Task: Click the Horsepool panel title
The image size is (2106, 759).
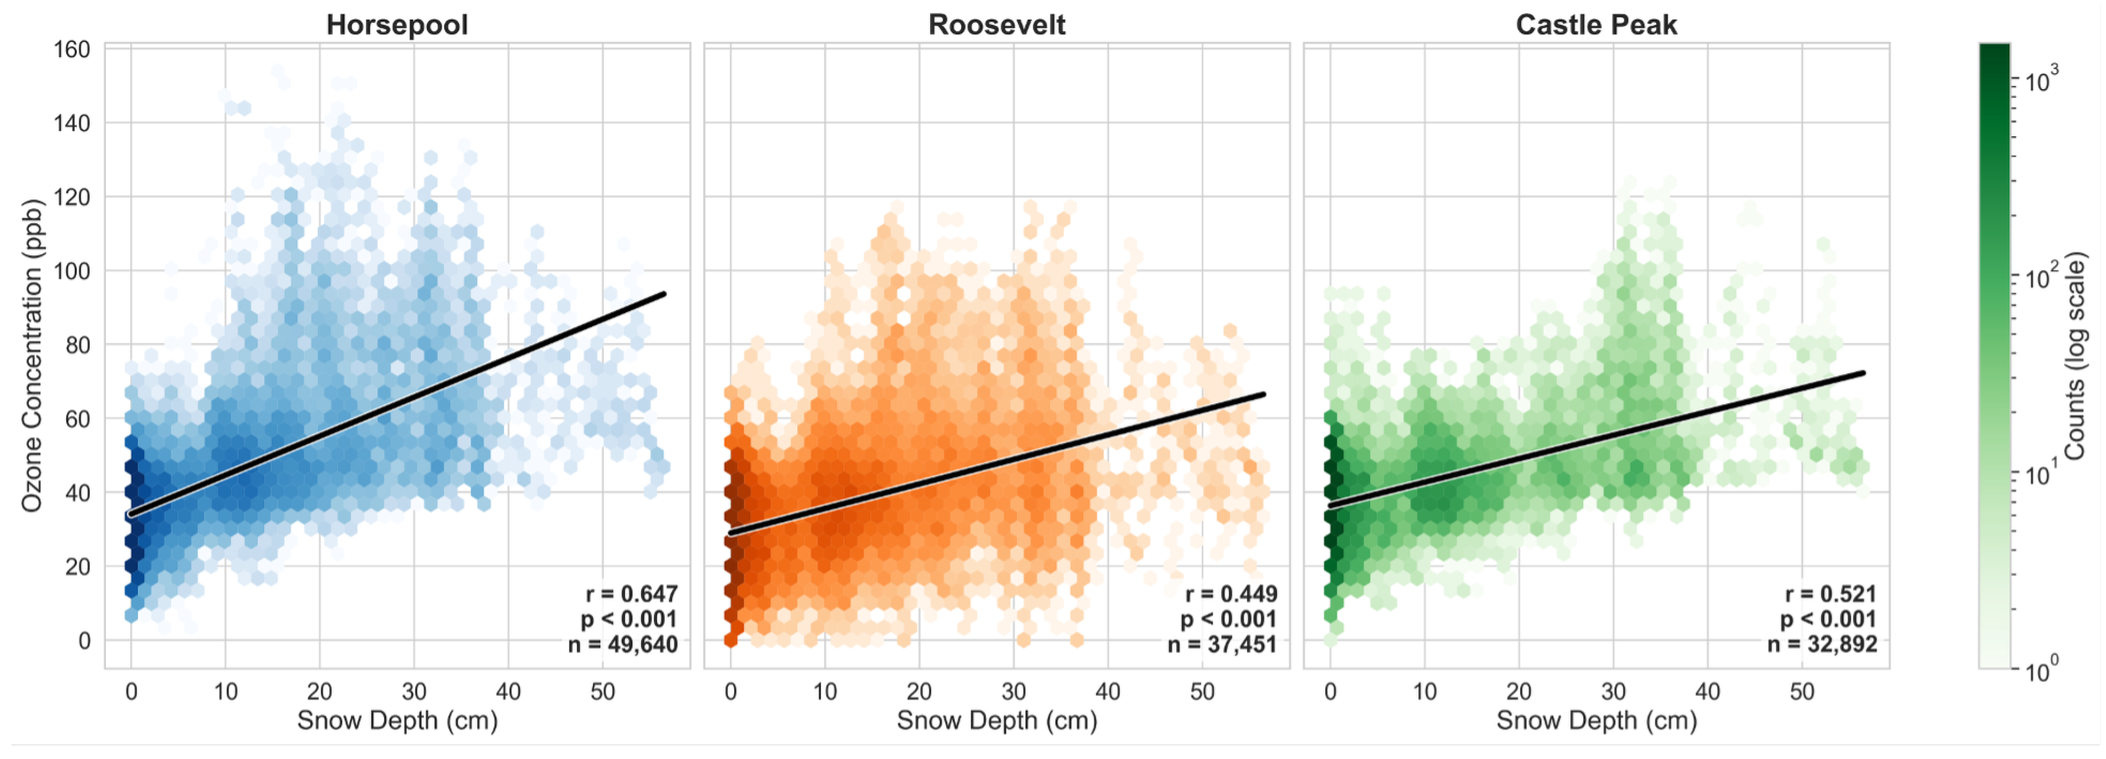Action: (398, 25)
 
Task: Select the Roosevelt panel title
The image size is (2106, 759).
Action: (997, 25)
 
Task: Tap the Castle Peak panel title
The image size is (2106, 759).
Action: (1596, 25)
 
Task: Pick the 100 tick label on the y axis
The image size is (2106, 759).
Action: (72, 271)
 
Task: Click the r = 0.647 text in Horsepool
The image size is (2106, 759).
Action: (631, 594)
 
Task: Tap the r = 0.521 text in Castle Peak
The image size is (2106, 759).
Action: (1830, 594)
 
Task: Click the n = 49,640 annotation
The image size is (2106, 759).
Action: (622, 645)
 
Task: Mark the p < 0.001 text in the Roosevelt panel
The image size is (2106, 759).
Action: (1228, 619)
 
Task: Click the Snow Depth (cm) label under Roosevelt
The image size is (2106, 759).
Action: (997, 720)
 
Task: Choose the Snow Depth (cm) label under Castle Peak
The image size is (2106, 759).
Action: (1596, 720)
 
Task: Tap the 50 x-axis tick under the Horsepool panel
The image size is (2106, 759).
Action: (603, 692)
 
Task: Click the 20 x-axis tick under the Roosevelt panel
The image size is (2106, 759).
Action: (919, 692)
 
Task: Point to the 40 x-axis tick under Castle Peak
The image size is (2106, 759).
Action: (1707, 692)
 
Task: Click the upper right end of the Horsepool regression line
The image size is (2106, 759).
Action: (664, 294)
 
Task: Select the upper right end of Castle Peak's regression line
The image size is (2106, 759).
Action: (1863, 373)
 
